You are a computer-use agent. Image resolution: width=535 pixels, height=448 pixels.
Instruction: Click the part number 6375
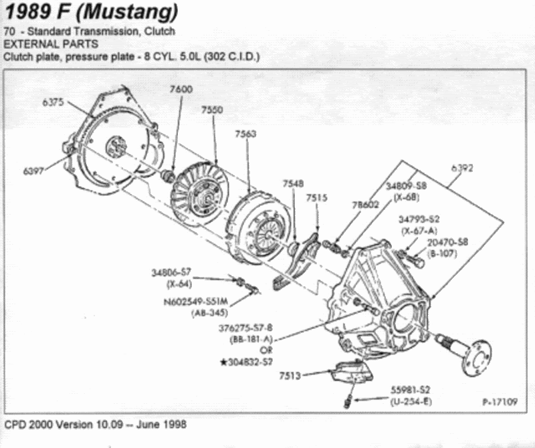(x=53, y=102)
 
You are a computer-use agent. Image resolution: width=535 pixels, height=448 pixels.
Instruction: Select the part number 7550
(x=212, y=110)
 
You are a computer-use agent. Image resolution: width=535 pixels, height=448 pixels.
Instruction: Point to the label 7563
(x=245, y=134)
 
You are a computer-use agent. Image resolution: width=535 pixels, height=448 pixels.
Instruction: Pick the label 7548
(x=293, y=183)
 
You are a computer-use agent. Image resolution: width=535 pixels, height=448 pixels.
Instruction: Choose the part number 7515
(x=317, y=198)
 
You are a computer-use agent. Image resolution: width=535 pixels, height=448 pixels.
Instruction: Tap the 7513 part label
(x=290, y=376)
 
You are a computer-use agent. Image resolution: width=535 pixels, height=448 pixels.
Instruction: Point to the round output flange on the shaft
(x=476, y=352)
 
